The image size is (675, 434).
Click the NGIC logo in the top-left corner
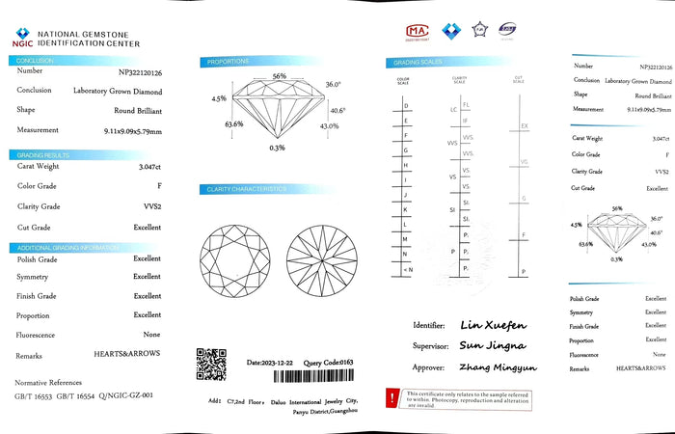coord(20,35)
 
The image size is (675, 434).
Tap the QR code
coord(211,364)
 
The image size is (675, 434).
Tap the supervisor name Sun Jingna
coord(492,345)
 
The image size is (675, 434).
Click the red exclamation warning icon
coord(391,397)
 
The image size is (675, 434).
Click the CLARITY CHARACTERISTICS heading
coord(247,189)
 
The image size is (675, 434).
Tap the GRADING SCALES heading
coord(413,63)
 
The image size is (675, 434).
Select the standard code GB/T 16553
coord(32,396)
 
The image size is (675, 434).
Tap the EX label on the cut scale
coord(524,126)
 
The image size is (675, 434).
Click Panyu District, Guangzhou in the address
coord(324,412)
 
